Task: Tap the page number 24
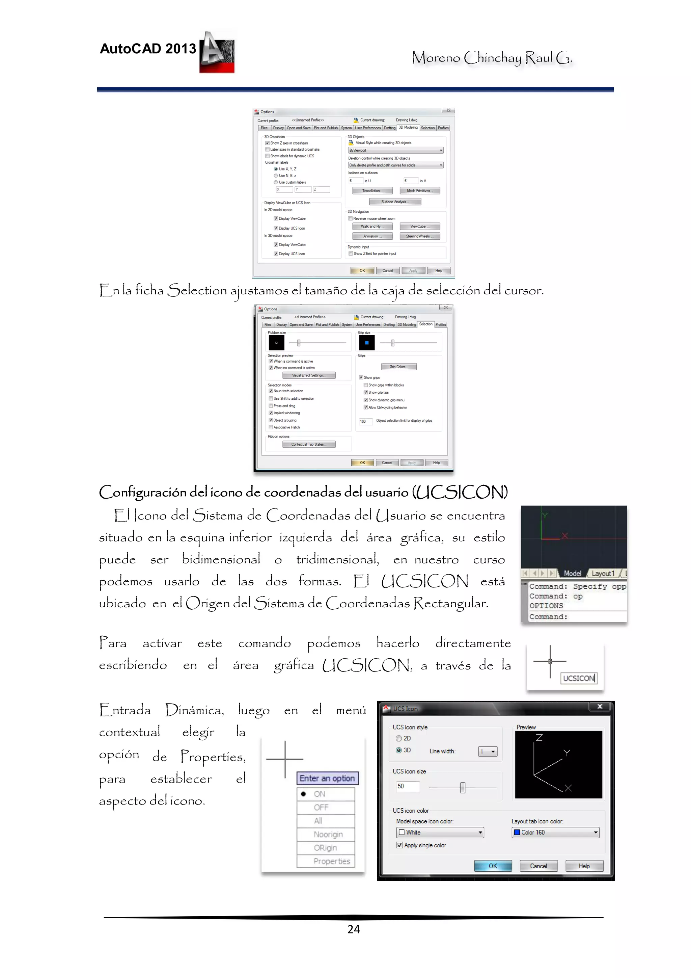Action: (353, 929)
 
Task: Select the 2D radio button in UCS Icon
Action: (399, 738)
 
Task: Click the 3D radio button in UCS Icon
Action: (399, 750)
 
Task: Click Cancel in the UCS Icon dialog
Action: (538, 866)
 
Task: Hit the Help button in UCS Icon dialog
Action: (584, 866)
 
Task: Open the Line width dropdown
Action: (488, 752)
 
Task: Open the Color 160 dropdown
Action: (555, 832)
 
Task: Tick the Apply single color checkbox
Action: (399, 845)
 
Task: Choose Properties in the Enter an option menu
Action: (332, 861)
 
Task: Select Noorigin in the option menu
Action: (328, 834)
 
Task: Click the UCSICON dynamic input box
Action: (579, 678)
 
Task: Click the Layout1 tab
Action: (603, 573)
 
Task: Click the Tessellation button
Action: (371, 191)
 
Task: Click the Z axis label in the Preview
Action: (539, 738)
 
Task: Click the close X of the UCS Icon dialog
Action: (600, 707)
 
